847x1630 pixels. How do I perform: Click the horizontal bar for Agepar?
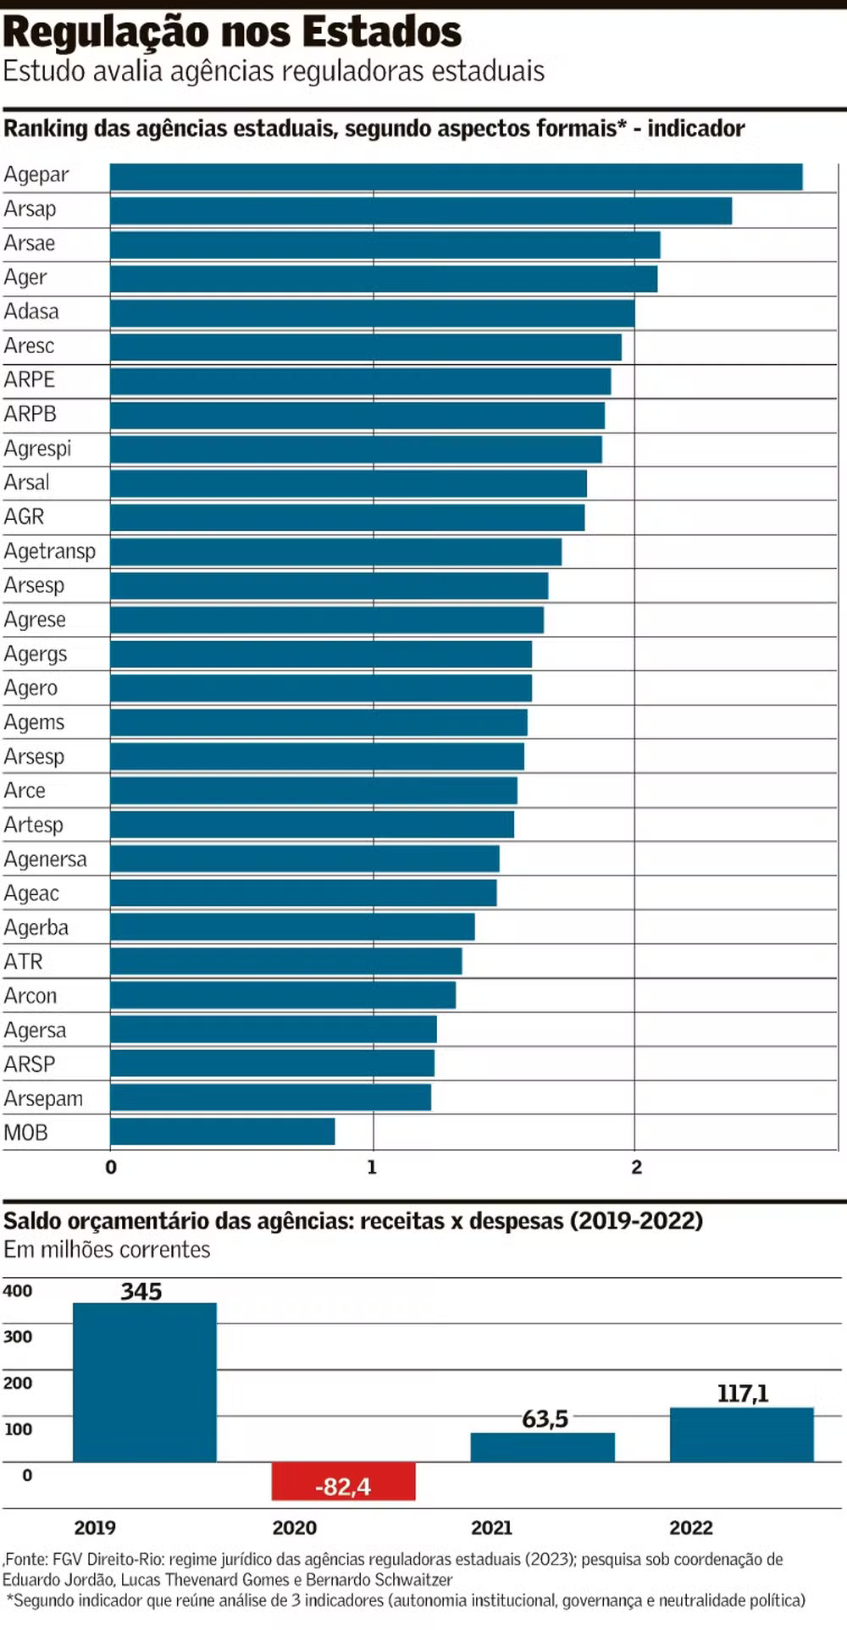point(456,177)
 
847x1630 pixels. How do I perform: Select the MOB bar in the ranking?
point(222,1131)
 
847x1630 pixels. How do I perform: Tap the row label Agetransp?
point(50,551)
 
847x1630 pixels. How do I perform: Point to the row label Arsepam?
point(43,1098)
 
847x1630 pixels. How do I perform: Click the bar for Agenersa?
point(304,859)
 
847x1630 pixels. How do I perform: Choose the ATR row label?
point(23,962)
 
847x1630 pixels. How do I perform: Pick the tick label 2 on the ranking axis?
point(636,1167)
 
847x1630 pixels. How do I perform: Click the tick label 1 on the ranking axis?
point(372,1167)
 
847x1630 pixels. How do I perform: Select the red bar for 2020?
point(343,1481)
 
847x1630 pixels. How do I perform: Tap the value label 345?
point(141,1291)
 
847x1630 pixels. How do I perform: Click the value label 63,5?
point(545,1419)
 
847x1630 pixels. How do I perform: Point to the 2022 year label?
point(691,1528)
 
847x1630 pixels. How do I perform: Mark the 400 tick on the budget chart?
point(18,1291)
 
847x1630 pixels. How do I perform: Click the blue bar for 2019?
point(144,1382)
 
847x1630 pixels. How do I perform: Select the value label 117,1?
point(743,1394)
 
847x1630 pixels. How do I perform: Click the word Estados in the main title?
point(382,32)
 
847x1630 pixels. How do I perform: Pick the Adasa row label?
point(31,312)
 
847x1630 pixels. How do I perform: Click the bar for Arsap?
point(420,211)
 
